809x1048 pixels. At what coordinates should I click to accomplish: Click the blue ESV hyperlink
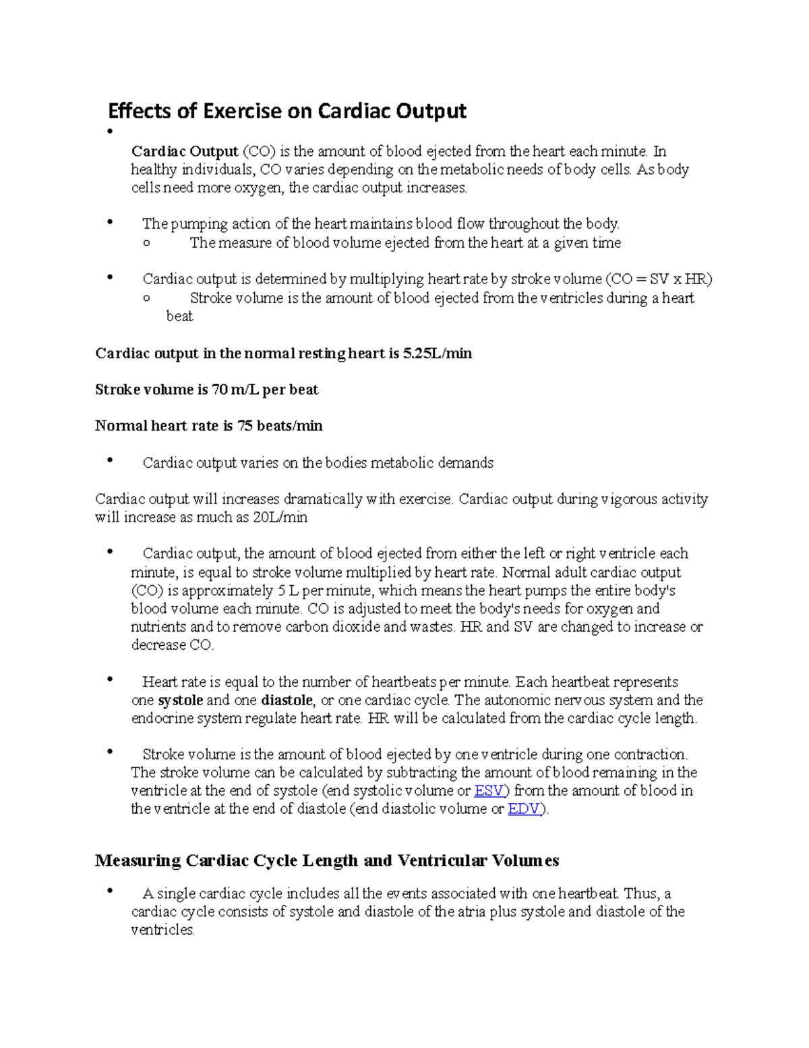[489, 791]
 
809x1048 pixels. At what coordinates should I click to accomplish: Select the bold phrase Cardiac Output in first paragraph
[185, 151]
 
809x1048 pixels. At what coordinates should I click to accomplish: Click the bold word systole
[181, 700]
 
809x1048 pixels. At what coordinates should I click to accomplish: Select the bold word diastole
[287, 700]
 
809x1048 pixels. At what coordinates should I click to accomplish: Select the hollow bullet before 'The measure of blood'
[148, 244]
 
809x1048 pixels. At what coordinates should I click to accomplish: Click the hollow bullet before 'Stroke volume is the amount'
[148, 299]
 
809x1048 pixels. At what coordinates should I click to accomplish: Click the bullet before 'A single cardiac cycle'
[110, 891]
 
